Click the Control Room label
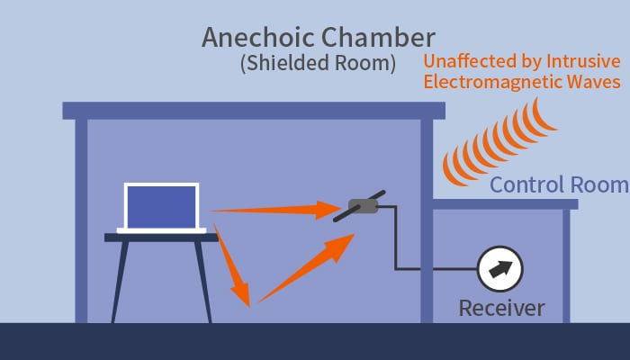(x=559, y=185)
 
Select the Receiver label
(x=501, y=309)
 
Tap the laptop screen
(x=161, y=207)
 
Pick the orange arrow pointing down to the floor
(x=232, y=265)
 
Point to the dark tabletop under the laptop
(x=161, y=238)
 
